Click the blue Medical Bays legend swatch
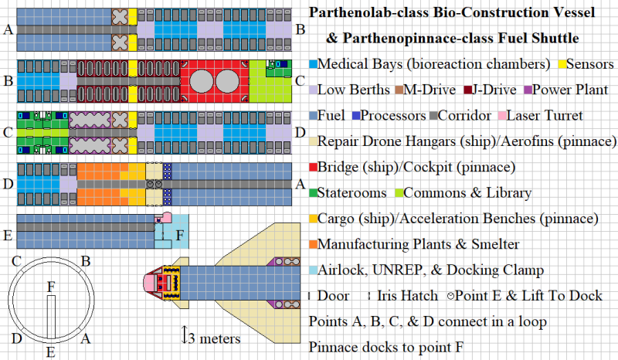click(313, 63)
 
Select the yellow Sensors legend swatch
click(562, 63)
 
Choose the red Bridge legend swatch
click(313, 168)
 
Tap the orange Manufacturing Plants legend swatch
click(313, 245)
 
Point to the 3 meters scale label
click(216, 338)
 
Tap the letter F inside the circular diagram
click(51, 286)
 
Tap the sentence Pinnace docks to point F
click(386, 347)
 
